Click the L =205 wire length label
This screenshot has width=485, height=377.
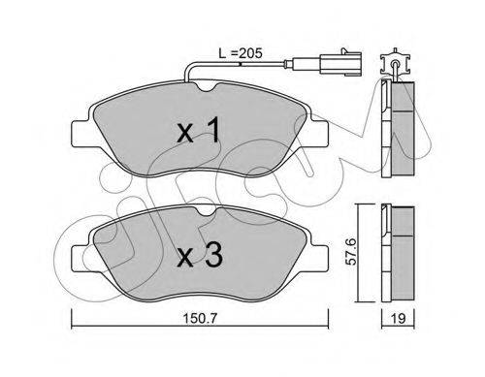(x=241, y=53)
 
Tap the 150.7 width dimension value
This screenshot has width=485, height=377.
(x=200, y=319)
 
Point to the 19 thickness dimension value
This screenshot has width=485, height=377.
(x=398, y=319)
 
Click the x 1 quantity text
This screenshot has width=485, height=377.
(x=199, y=130)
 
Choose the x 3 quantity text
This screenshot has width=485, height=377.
(x=200, y=255)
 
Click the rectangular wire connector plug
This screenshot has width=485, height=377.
(x=339, y=63)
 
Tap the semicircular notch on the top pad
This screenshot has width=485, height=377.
(x=207, y=86)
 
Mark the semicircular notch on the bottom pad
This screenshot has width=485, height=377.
(x=207, y=211)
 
